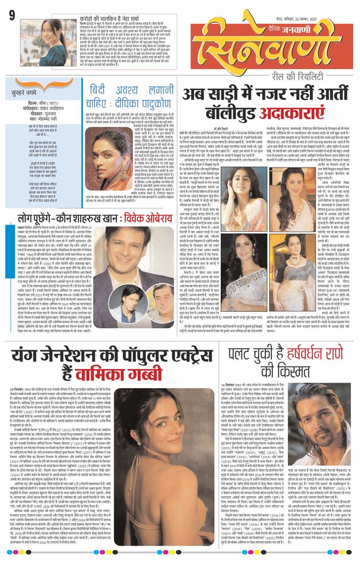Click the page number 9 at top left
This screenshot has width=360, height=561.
tap(12, 13)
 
